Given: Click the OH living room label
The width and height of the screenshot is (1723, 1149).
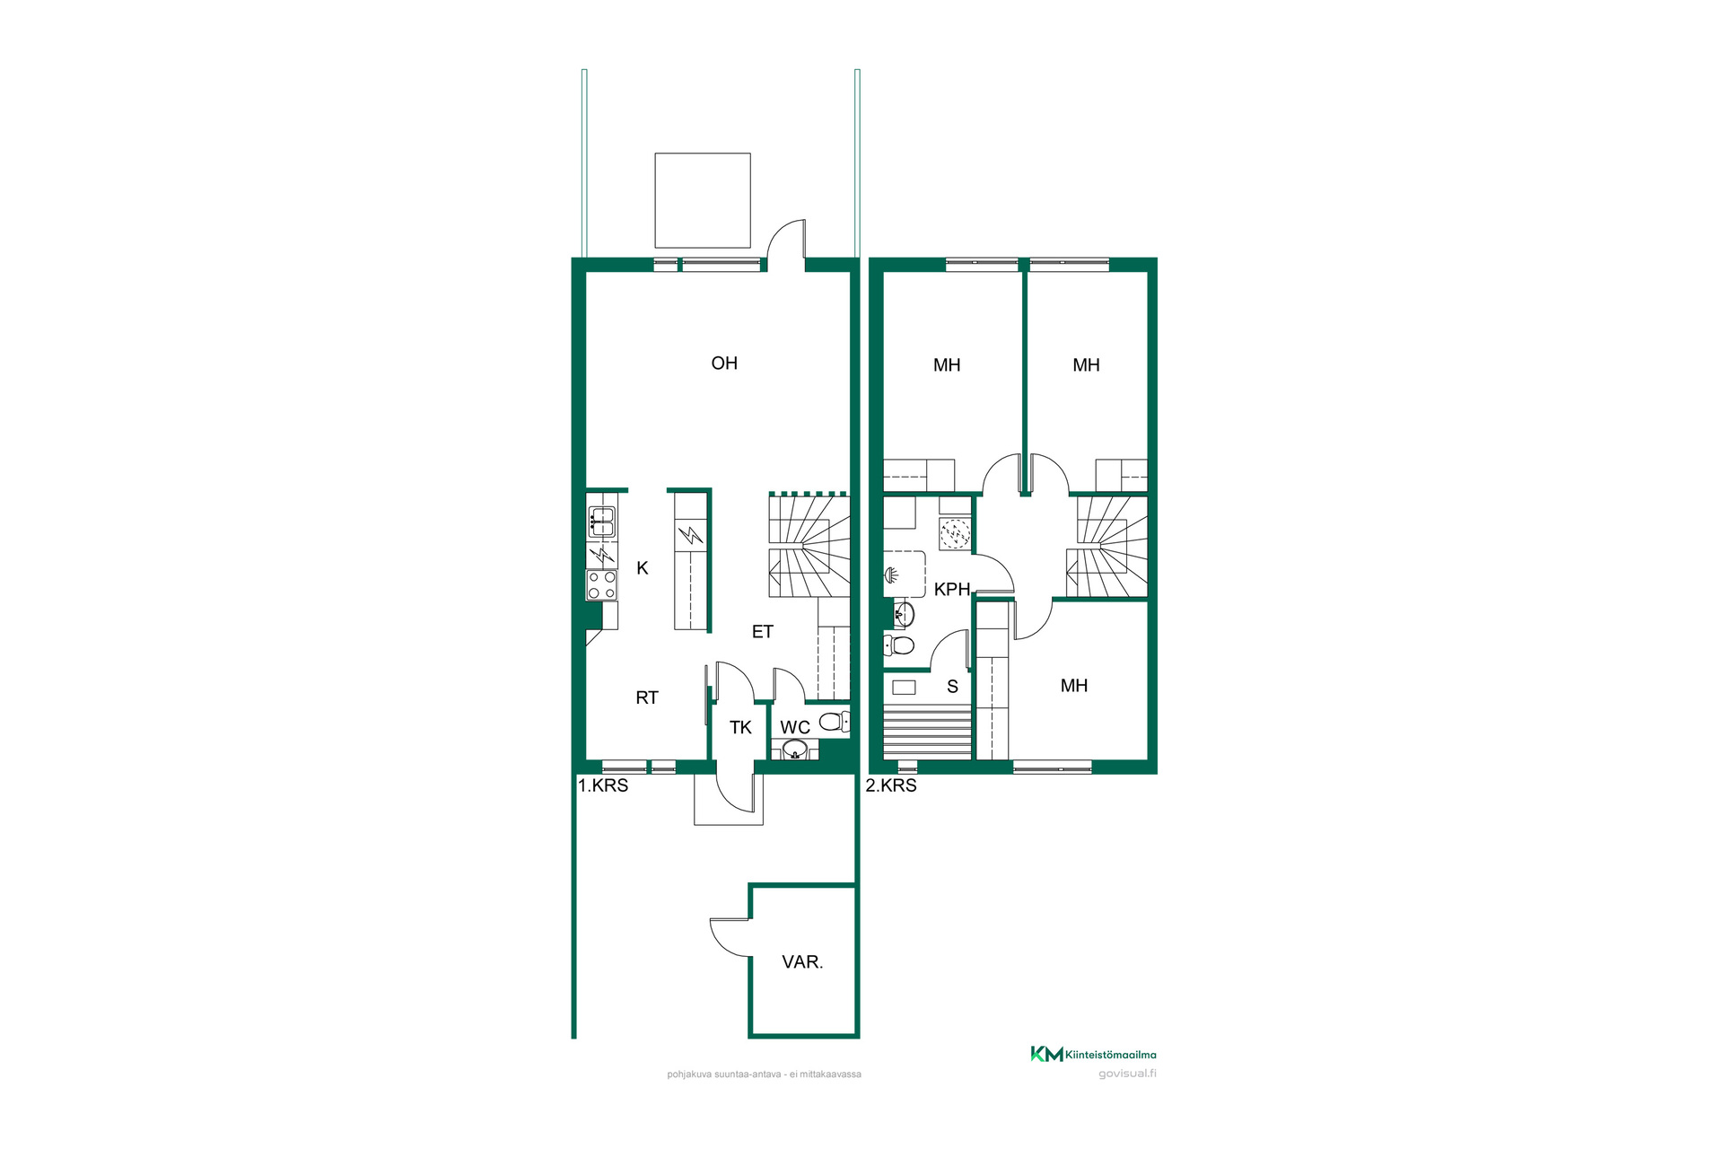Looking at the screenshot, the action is click(724, 364).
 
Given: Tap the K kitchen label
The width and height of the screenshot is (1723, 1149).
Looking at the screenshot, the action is click(643, 568).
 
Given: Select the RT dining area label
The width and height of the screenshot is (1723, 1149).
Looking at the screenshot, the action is click(647, 698).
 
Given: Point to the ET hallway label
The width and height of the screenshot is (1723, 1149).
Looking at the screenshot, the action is click(763, 632).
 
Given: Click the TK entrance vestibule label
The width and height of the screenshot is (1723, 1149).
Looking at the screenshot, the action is click(740, 728).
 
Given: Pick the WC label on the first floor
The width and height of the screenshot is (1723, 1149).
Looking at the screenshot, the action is click(795, 728).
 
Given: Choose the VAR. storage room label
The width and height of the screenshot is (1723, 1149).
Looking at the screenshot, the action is click(802, 962).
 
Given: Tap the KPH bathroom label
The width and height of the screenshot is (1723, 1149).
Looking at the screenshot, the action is click(952, 590).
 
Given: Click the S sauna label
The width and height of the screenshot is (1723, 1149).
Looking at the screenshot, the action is click(953, 687).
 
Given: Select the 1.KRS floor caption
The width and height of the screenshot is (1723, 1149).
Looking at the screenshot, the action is click(603, 785).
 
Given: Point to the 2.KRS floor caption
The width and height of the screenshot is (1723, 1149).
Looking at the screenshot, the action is click(891, 785).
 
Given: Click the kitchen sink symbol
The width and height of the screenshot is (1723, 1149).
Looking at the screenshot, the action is click(601, 522).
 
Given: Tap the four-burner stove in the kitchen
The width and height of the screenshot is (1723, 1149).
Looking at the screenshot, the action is click(602, 585).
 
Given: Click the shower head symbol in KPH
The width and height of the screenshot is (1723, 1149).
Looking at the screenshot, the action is click(892, 575).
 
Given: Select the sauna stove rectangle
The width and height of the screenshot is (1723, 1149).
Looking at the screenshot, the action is click(904, 688).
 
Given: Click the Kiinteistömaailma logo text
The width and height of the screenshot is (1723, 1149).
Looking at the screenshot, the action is click(1110, 1055).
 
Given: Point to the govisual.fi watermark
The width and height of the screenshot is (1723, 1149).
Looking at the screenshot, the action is click(1127, 1074).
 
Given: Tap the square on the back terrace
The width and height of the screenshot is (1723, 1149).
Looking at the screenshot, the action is click(703, 200).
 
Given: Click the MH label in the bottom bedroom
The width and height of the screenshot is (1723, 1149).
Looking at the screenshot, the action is click(1074, 686).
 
